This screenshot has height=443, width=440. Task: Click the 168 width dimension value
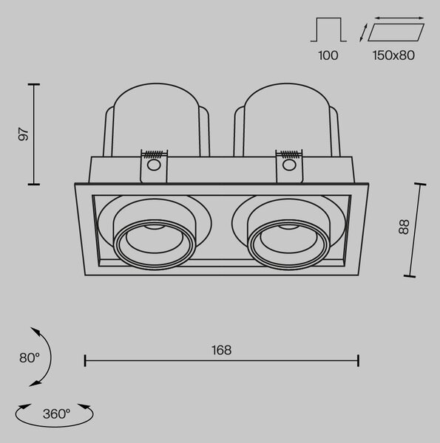pos(222,350)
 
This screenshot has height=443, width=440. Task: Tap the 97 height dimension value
pos(24,134)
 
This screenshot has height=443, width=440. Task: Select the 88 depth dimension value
pos(404,227)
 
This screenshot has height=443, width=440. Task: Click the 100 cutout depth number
pos(328,55)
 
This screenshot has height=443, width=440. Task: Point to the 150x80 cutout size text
pos(393,55)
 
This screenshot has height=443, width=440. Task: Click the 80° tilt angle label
pos(30,357)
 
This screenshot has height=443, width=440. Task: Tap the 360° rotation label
pos(57,414)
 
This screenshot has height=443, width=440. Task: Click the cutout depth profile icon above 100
pos(328,30)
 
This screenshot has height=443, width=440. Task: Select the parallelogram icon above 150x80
pos(396,32)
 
